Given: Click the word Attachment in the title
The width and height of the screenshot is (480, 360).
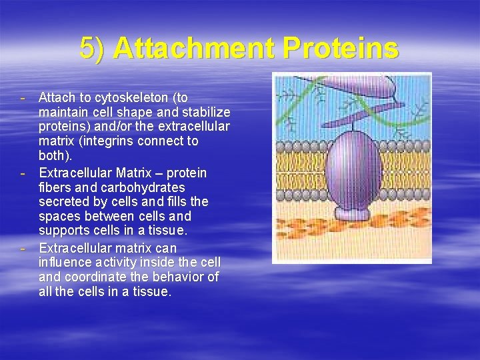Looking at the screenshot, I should [193, 48].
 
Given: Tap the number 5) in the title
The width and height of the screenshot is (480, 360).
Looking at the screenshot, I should [92, 48].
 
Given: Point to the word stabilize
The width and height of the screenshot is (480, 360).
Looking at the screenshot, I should [204, 113].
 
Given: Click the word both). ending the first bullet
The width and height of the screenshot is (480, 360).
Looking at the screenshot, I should [57, 156].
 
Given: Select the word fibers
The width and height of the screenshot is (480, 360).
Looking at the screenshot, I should [57, 187].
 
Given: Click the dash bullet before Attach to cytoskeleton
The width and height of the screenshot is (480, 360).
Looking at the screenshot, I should [23, 98].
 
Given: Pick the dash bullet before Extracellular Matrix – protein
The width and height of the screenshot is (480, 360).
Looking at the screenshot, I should [23, 173].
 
